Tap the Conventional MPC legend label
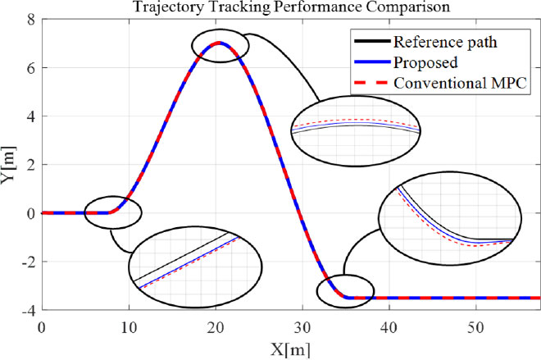point(459,83)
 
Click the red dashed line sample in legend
point(366,83)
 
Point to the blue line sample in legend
point(366,62)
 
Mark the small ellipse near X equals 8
point(113,212)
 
